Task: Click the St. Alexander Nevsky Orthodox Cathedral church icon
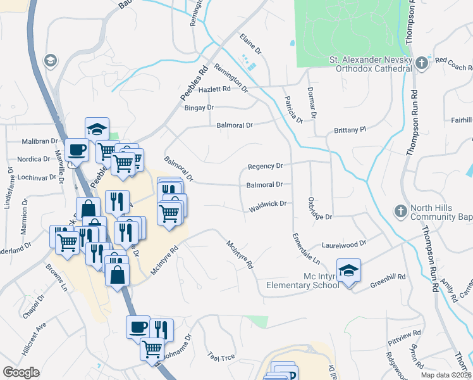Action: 422,63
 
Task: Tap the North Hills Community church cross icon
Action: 400,211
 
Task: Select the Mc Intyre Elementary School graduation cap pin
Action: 348,271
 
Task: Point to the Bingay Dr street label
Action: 199,108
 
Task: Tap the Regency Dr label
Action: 265,166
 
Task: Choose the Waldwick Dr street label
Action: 268,205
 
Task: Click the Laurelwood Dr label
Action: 344,243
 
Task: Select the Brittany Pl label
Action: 350,130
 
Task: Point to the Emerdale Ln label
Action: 306,250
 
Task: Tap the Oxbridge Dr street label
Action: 319,208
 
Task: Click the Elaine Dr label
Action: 250,43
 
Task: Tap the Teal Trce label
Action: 221,358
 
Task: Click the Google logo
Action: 21,372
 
